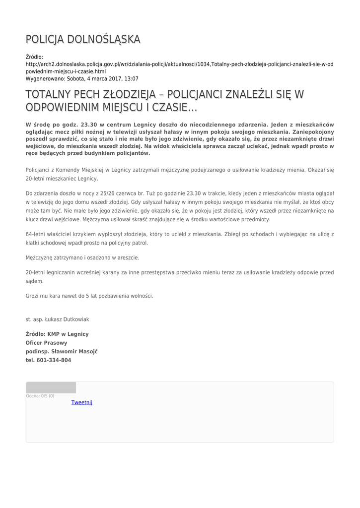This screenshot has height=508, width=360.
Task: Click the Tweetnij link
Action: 81,402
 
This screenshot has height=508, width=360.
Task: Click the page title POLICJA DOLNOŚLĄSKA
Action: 83,39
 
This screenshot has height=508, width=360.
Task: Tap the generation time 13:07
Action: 131,79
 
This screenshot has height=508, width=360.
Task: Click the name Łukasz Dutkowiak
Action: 68,319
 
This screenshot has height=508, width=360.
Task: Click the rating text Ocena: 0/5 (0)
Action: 40,396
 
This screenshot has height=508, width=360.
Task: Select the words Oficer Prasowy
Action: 46,343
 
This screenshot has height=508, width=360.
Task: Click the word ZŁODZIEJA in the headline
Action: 135,94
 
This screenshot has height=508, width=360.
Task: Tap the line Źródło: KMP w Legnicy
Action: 57,334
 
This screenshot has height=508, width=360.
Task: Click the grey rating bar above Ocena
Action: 51,387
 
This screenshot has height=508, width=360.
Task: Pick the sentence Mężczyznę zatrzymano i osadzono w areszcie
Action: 82,257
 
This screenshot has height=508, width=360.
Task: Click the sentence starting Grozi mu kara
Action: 89,296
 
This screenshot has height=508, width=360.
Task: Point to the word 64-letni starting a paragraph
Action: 36,234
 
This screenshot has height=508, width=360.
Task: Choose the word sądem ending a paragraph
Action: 34,281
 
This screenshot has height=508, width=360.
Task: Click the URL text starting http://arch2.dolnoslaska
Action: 179,64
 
